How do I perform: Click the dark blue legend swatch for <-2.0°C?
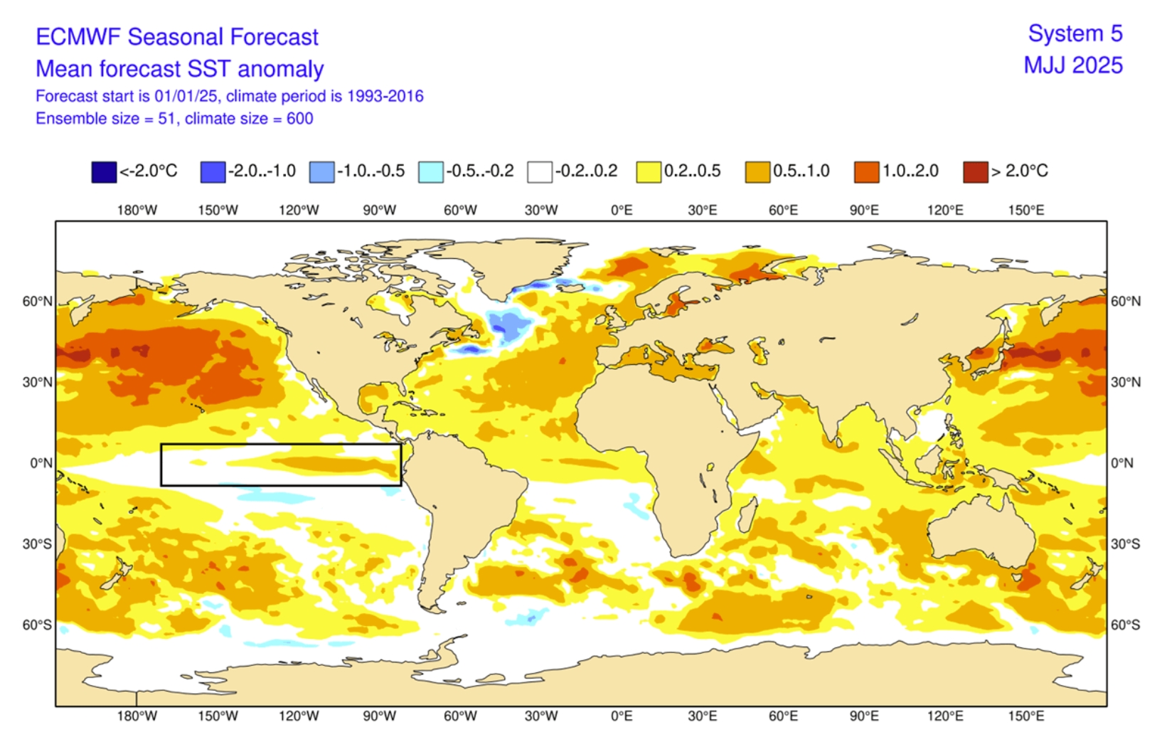pyautogui.click(x=104, y=172)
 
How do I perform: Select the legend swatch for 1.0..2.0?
pyautogui.click(x=866, y=172)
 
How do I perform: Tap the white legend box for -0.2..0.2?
pyautogui.click(x=540, y=172)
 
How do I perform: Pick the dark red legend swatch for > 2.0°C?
pyautogui.click(x=975, y=172)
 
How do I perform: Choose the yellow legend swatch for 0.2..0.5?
pyautogui.click(x=649, y=172)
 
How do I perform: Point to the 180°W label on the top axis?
pyautogui.click(x=137, y=211)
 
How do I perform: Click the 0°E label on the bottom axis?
pyautogui.click(x=622, y=716)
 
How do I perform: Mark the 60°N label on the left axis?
pyautogui.click(x=37, y=302)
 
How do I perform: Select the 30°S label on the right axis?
pyautogui.click(x=1126, y=544)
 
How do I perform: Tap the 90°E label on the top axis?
pyautogui.click(x=864, y=211)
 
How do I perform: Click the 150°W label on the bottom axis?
pyautogui.click(x=218, y=716)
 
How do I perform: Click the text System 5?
pyautogui.click(x=1075, y=33)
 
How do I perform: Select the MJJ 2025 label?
pyautogui.click(x=1073, y=65)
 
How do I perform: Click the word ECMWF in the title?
pyautogui.click(x=78, y=37)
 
